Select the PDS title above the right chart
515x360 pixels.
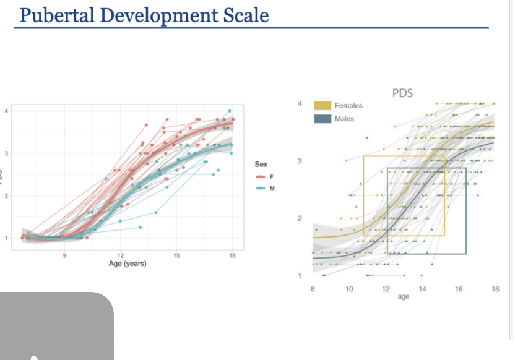pos(402,93)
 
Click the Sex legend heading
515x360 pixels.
pos(261,165)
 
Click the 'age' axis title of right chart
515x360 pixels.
pos(404,296)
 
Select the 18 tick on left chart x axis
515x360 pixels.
pos(232,255)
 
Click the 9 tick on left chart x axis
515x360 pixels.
pos(64,255)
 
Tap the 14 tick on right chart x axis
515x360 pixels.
pos(422,289)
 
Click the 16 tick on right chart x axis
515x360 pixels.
pos(459,289)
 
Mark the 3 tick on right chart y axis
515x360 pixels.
pos(300,161)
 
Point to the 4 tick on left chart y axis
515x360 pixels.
pos(7,111)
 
